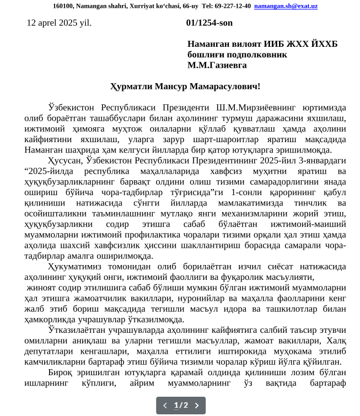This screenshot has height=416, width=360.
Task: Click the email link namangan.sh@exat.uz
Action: (286, 6)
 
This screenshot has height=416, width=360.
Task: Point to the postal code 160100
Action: (63, 6)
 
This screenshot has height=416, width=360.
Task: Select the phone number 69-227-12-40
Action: (232, 6)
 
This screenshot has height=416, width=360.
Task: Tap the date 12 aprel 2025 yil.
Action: (59, 23)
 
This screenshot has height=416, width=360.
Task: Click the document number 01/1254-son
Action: (209, 23)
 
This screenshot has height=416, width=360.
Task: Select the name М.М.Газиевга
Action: (217, 65)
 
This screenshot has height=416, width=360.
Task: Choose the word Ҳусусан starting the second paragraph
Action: (66, 160)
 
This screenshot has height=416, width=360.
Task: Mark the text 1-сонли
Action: (249, 192)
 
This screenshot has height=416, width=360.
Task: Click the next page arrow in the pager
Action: (197, 406)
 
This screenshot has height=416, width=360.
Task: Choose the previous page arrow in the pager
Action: (165, 406)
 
